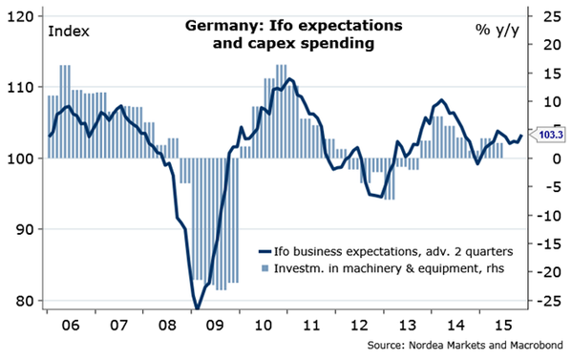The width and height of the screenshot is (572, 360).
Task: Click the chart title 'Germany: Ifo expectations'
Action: pyautogui.click(x=294, y=26)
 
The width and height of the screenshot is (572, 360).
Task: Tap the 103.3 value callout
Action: pyautogui.click(x=548, y=135)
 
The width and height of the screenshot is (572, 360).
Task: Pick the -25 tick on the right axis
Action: pyautogui.click(x=548, y=302)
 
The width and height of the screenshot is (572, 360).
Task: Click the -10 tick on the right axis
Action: pyautogui.click(x=548, y=216)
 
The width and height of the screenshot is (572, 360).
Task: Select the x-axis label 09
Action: pyautogui.click(x=215, y=325)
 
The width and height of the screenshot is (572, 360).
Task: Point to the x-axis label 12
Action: pyautogui.click(x=359, y=325)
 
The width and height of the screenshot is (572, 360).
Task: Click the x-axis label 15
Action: pyautogui.click(x=504, y=325)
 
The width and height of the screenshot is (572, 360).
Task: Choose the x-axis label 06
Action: pyautogui.click(x=71, y=325)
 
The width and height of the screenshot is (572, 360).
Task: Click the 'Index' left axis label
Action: pyautogui.click(x=69, y=32)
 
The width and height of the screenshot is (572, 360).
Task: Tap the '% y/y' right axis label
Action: pyautogui.click(x=497, y=31)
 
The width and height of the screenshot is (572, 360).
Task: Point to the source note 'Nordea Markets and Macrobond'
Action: pyautogui.click(x=486, y=345)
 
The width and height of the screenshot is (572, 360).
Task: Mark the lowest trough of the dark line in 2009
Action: pyautogui.click(x=197, y=308)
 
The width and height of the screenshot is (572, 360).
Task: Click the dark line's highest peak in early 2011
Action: pyautogui.click(x=289, y=79)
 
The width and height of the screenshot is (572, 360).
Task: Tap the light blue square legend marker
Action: pyautogui.click(x=265, y=269)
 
